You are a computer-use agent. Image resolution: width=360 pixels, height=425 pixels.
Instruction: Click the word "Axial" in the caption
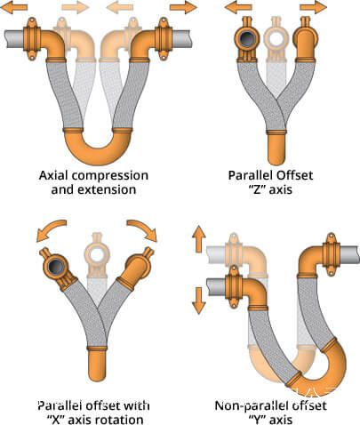(53, 175)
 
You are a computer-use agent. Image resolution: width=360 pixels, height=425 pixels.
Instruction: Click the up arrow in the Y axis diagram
(199, 239)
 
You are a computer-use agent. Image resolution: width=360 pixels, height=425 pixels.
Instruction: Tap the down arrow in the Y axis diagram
(199, 301)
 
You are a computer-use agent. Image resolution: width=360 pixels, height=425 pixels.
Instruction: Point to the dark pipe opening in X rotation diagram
(55, 267)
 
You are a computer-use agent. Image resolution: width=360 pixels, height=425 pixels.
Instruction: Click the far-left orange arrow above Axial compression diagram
(14, 7)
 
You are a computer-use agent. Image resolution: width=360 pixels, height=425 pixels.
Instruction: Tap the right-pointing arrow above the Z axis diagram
(313, 7)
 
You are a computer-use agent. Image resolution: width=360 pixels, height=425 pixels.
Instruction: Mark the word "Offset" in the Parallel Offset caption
(294, 175)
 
